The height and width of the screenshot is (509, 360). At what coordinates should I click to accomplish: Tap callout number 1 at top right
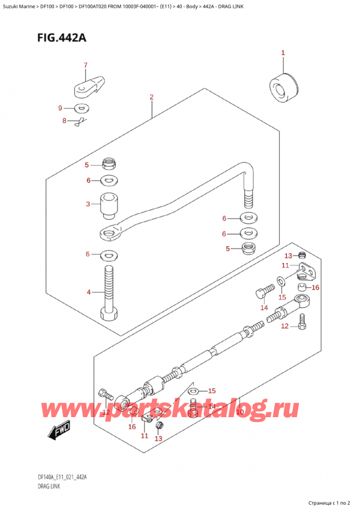pos(283,53)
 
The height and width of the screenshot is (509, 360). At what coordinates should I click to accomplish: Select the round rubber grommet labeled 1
pos(282,87)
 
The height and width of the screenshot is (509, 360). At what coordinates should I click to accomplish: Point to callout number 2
pos(152,97)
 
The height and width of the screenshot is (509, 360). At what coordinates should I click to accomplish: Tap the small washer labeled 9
pos(81,109)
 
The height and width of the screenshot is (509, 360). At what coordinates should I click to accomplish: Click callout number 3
pos(88,205)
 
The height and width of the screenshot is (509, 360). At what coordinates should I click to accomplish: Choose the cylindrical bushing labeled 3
pos(109,206)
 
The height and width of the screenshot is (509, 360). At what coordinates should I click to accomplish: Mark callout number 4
pos(88,292)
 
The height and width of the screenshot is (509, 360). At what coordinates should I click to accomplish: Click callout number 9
pos(60,108)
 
